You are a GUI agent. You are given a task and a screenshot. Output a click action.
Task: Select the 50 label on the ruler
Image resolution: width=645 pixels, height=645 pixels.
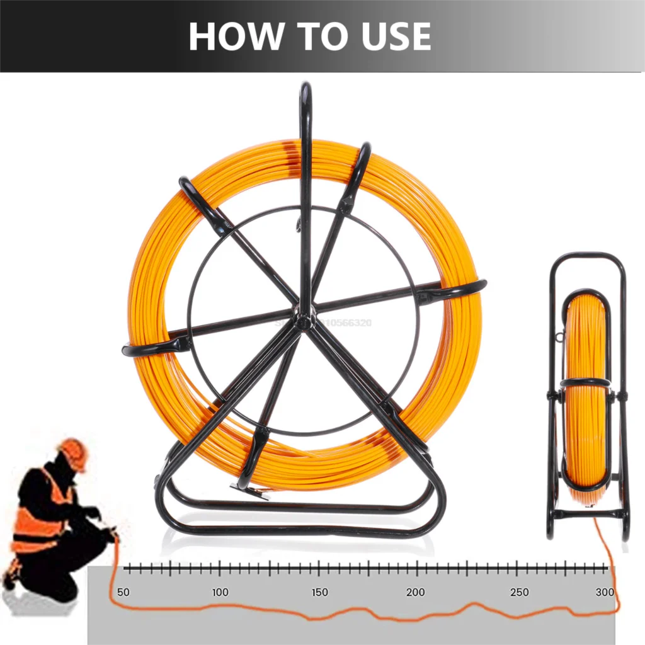[x=123, y=592]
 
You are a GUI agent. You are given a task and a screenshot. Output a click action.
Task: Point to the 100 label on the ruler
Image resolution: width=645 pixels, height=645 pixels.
[x=220, y=592]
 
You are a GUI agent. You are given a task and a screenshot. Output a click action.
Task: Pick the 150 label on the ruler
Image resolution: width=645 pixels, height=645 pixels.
[x=319, y=592]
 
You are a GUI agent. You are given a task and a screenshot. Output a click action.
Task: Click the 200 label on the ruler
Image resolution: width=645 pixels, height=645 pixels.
[x=416, y=592]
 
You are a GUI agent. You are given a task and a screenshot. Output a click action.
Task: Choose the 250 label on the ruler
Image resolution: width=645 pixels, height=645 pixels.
[x=519, y=592]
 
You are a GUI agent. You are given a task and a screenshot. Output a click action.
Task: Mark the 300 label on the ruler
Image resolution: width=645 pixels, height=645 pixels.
[x=605, y=592]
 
